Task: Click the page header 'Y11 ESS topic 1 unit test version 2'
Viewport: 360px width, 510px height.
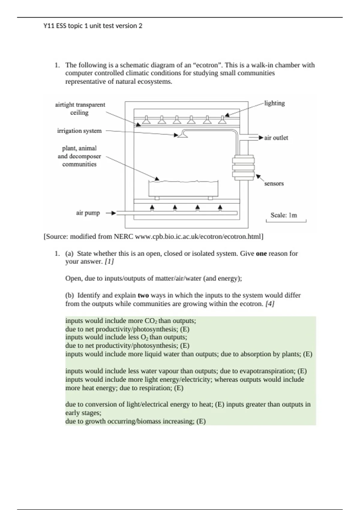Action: (93, 26)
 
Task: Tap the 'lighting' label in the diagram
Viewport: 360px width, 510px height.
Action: (274, 103)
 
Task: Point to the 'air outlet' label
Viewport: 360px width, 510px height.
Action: (276, 138)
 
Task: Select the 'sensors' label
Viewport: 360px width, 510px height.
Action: (274, 184)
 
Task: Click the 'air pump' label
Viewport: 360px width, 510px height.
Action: (88, 213)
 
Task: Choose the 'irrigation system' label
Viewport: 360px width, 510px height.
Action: (79, 131)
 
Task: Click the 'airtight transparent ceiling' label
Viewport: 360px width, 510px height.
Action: (80, 109)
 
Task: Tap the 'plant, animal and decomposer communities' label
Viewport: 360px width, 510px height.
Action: (79, 156)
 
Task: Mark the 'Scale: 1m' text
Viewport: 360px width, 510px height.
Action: (283, 215)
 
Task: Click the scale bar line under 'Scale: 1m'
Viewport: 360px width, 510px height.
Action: (286, 222)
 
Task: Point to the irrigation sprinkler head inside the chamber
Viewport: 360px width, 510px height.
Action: (183, 136)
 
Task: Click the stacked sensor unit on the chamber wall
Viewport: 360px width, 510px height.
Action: (243, 168)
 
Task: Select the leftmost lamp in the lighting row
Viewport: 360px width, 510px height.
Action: (146, 120)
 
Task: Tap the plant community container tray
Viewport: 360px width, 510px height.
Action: (183, 189)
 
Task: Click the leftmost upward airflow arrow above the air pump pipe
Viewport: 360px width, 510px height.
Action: (152, 208)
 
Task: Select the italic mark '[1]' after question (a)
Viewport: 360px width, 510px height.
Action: (109, 262)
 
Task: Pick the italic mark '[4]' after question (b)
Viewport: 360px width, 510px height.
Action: (270, 304)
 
